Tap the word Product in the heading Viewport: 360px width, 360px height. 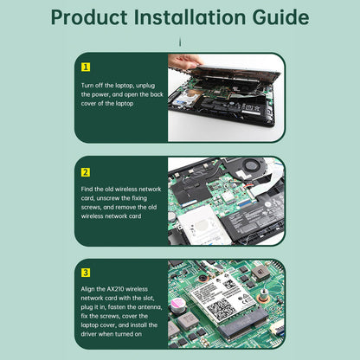pos(89,17)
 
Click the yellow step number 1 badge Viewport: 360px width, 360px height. pos(86,67)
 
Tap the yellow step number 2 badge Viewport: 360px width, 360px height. pos(86,172)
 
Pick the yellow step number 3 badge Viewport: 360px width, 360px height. pos(86,273)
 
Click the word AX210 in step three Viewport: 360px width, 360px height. pos(115,289)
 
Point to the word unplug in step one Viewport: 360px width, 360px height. pos(145,86)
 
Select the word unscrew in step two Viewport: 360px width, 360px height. pos(108,198)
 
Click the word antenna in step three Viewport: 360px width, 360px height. pos(150,307)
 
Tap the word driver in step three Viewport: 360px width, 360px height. pos(88,334)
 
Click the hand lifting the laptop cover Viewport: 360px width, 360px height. pos(185,61)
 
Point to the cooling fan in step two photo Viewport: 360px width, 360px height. pos(252,165)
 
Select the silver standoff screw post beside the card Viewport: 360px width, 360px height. pos(263,295)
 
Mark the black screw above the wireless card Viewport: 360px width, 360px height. pos(203,279)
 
